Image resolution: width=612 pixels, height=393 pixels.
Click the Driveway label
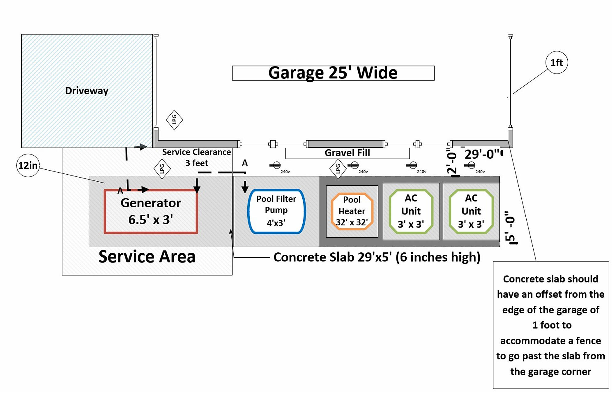coord(87,91)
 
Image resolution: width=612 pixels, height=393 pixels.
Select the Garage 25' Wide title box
coord(333,73)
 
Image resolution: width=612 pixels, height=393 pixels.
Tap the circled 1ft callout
coord(557,62)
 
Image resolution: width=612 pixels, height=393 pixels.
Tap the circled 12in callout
coord(28,165)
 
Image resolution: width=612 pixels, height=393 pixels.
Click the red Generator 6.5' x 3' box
coord(151,211)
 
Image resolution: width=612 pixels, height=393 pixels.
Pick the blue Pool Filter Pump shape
coord(276,211)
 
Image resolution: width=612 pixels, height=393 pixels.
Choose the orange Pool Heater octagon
coord(352,211)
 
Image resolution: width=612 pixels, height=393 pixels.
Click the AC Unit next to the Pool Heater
coord(411,211)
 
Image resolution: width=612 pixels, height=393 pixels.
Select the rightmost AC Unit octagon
coord(471,211)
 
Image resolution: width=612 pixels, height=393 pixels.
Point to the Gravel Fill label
coord(347,153)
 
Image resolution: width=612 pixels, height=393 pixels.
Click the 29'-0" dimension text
coord(482,154)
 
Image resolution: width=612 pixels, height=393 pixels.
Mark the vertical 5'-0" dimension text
coord(510,227)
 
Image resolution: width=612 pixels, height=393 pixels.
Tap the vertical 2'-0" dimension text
coord(452,162)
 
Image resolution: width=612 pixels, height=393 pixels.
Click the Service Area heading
coord(147,257)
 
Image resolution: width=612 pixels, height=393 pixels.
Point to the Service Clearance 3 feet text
coord(196,157)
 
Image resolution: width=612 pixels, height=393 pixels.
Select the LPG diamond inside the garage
coord(174,120)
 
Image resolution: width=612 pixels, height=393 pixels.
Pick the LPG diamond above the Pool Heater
coord(338,168)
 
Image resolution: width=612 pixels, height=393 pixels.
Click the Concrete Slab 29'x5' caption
coord(377,257)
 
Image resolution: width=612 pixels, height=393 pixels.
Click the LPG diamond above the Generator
coord(162,168)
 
